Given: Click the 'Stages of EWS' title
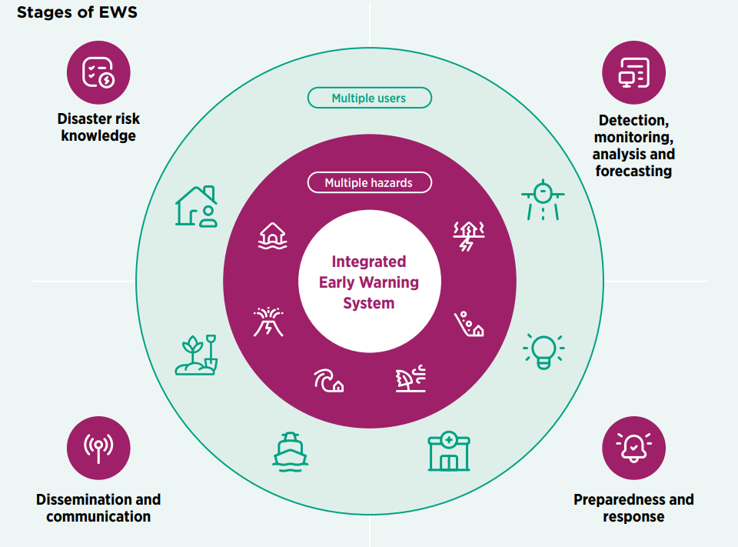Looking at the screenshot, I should (77, 13).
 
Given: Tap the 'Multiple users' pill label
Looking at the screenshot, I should (369, 98).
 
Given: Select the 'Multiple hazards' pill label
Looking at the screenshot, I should (369, 182).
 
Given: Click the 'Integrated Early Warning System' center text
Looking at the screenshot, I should (369, 282).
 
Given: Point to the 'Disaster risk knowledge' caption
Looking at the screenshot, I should (98, 128).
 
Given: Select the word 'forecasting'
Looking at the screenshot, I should (633, 171).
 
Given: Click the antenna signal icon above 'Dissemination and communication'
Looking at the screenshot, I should (98, 448).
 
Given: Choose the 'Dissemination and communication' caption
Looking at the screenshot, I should (98, 508).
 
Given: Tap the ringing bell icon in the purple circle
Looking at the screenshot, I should (633, 448).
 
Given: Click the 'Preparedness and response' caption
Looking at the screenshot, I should (633, 508).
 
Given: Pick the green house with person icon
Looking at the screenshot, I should (196, 206).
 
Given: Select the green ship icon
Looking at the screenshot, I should (291, 450).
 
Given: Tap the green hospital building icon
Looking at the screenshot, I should (449, 452).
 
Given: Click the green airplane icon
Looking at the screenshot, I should (543, 198).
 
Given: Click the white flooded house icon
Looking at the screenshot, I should (272, 235).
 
